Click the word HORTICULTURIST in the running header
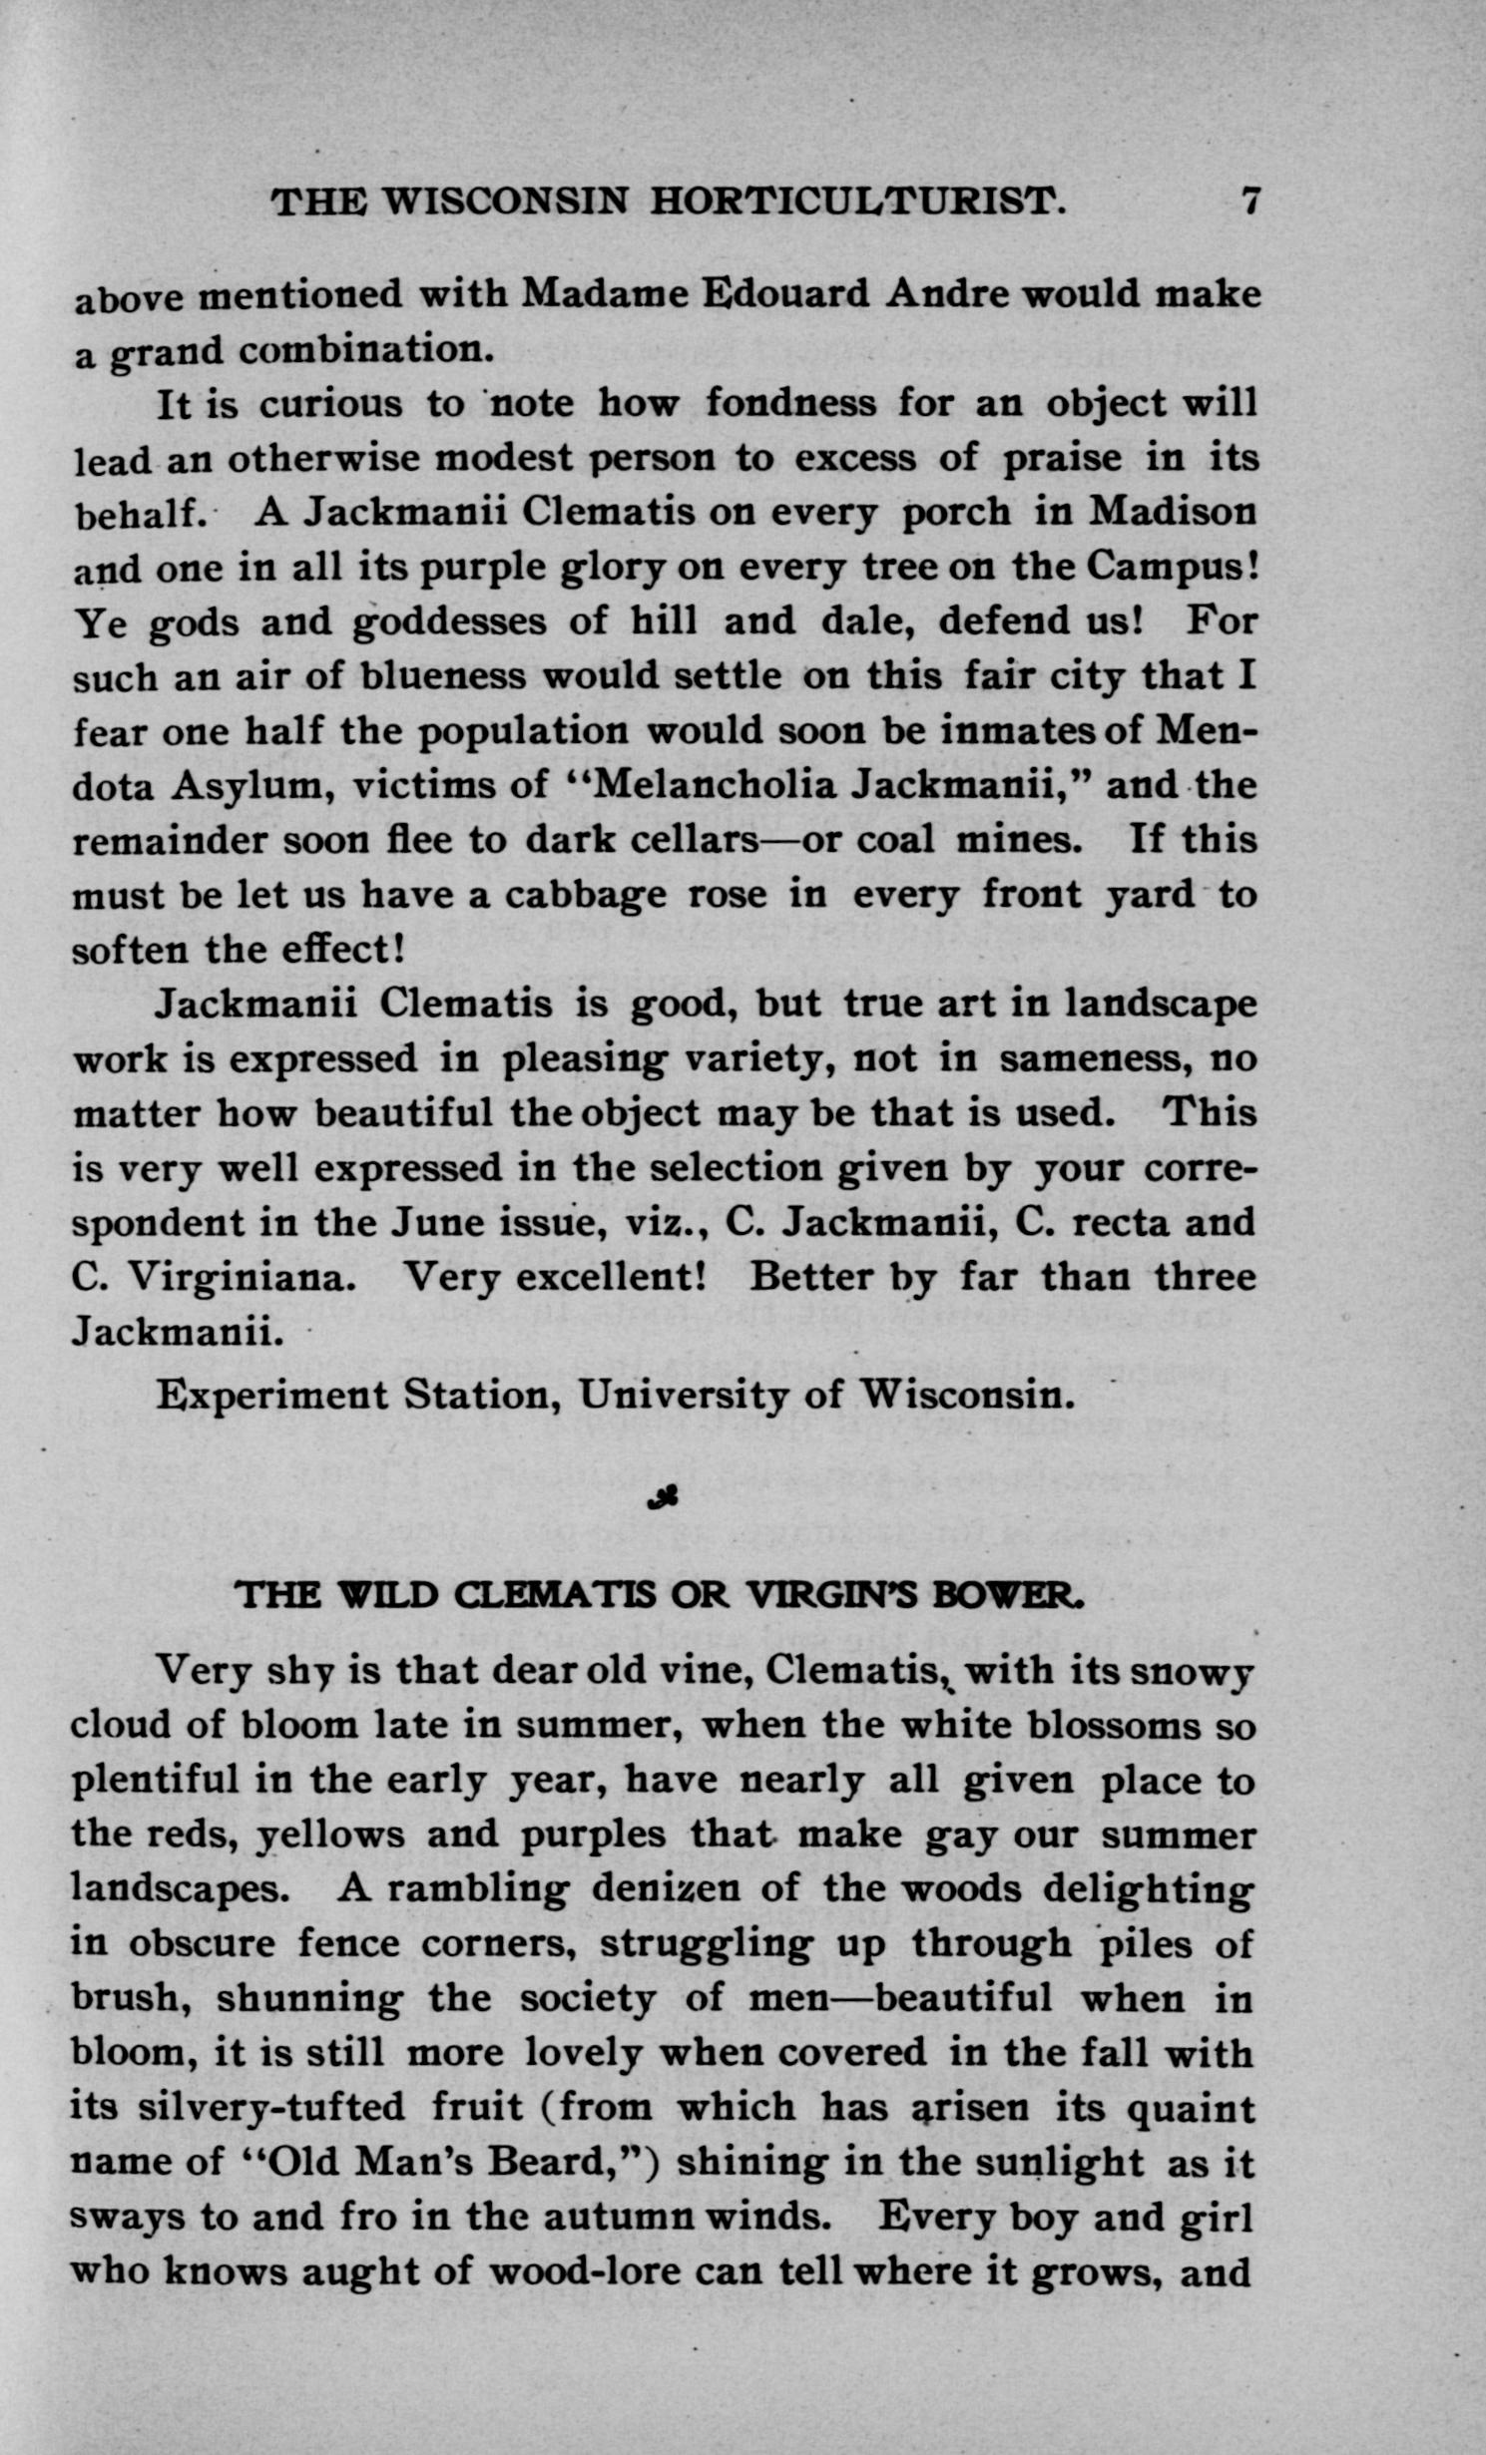(x=857, y=203)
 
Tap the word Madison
(x=1172, y=512)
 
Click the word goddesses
(x=450, y=623)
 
